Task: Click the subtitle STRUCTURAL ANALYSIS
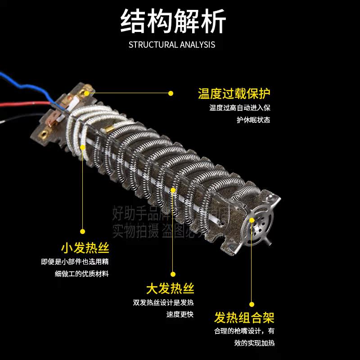pos(172,45)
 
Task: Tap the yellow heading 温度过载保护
pos(234,94)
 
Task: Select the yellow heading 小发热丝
pos(85,248)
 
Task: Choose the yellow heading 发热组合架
pos(244,318)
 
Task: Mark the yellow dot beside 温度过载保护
pos(171,94)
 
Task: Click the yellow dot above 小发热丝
pos(83,231)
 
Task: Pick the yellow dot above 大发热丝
pos(173,274)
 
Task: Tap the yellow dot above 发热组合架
pos(252,304)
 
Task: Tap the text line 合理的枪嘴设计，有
pos(244,331)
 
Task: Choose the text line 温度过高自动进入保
pos(240,108)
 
